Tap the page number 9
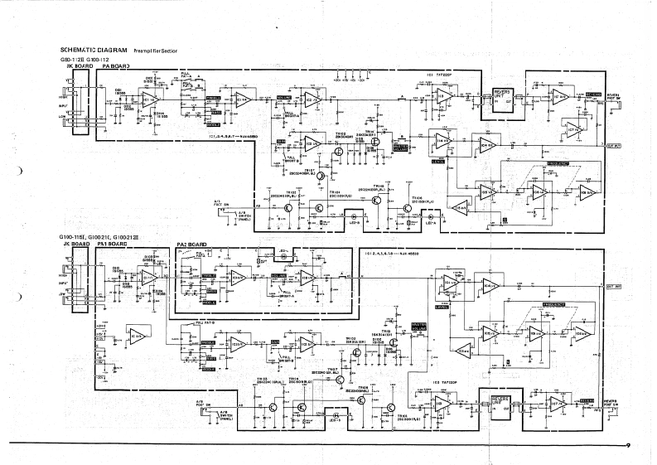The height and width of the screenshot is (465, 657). (630, 446)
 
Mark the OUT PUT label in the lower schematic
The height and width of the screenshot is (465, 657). (615, 286)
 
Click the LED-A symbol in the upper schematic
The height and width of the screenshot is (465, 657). (430, 222)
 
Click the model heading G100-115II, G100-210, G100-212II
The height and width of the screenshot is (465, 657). (102, 238)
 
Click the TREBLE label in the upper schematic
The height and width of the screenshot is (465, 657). (213, 97)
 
